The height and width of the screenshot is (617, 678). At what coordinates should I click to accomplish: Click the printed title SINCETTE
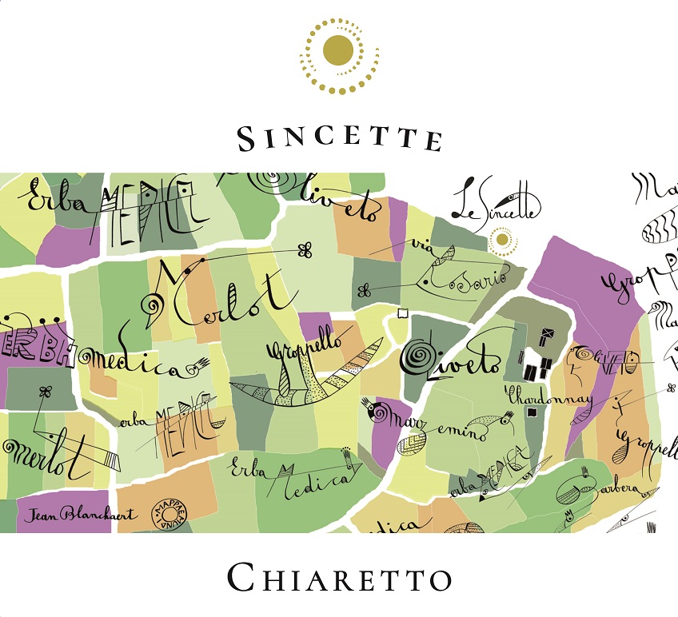tap(339, 138)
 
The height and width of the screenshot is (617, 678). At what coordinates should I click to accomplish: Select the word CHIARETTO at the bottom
tap(339, 578)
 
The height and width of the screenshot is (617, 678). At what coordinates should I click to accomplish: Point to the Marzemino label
tap(440, 423)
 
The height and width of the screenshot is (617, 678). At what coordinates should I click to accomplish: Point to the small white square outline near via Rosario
tap(402, 312)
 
